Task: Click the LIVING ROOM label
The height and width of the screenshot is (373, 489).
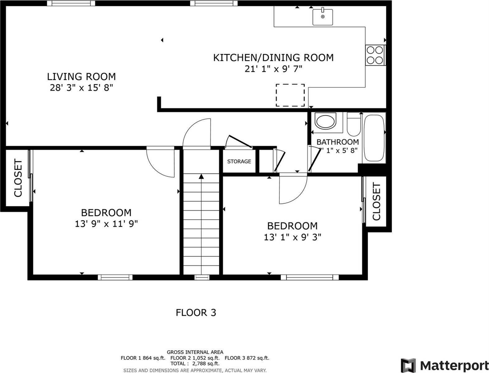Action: pos(81,76)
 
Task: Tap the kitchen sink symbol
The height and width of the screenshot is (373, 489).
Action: pos(323,16)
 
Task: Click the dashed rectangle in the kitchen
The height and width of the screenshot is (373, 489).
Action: pos(290,95)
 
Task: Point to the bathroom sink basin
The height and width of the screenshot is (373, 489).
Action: pos(325,121)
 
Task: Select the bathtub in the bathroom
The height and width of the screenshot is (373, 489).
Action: pos(374,138)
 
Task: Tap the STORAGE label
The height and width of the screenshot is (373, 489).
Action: pos(239,161)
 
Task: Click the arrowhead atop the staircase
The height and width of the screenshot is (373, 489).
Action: pos(201,177)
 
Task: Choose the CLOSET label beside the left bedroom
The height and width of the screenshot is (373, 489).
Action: pos(18,178)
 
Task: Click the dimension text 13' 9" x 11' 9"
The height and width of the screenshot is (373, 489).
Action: pos(106,224)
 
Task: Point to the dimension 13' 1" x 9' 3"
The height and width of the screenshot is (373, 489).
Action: pos(292,237)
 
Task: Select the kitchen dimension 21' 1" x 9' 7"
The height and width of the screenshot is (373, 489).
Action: pos(273,69)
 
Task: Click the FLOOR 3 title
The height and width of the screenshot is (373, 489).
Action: pos(196,312)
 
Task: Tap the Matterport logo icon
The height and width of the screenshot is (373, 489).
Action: pos(408,365)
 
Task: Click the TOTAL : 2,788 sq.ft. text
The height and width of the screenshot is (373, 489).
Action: pos(195,363)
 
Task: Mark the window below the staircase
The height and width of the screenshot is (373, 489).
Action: pos(202,277)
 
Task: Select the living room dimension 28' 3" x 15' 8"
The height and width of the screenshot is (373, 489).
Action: pos(81,88)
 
